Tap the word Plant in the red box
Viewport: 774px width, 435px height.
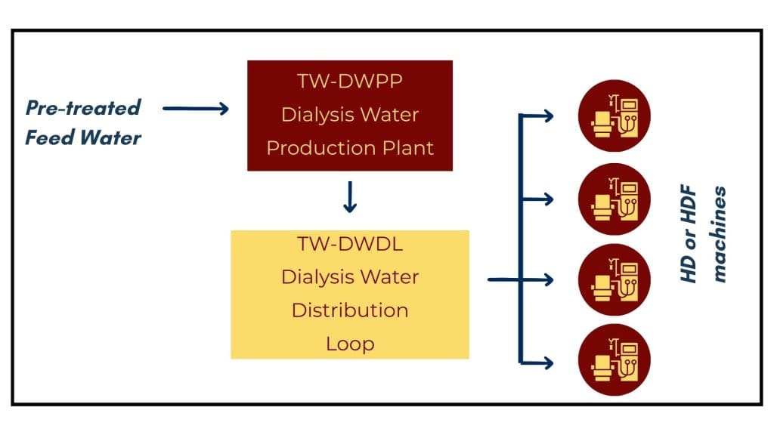pos(408,147)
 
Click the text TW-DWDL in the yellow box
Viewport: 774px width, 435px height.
pos(350,245)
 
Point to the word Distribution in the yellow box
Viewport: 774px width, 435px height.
pos(350,310)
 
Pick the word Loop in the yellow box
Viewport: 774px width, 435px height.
pos(350,344)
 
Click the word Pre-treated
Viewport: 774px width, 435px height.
pos(83,107)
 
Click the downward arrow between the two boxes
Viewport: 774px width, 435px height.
pos(350,199)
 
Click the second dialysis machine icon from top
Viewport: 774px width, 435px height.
pos(614,199)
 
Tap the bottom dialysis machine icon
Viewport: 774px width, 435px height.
pos(614,360)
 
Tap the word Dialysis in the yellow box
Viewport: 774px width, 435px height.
pos(312,277)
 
